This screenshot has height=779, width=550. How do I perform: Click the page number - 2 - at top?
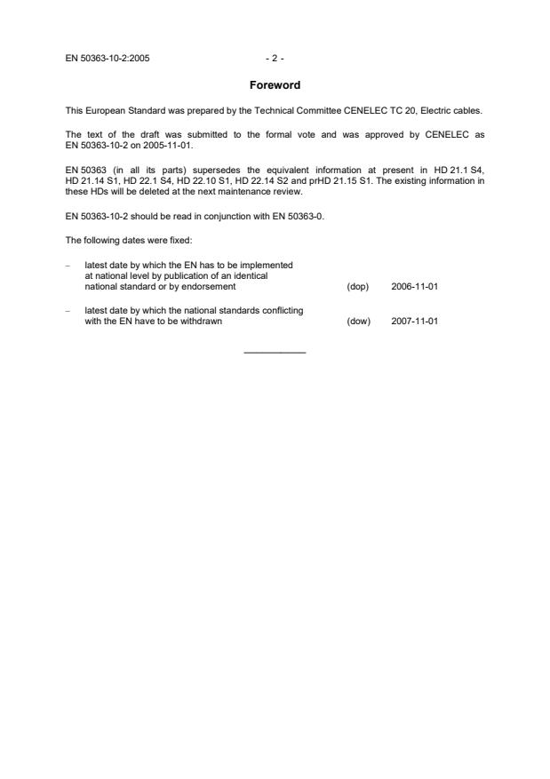(275, 59)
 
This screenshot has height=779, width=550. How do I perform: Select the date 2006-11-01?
(414, 287)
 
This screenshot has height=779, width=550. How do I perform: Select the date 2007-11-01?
(414, 322)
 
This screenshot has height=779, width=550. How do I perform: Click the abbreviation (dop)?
(357, 287)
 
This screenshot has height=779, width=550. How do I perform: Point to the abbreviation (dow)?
(357, 322)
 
